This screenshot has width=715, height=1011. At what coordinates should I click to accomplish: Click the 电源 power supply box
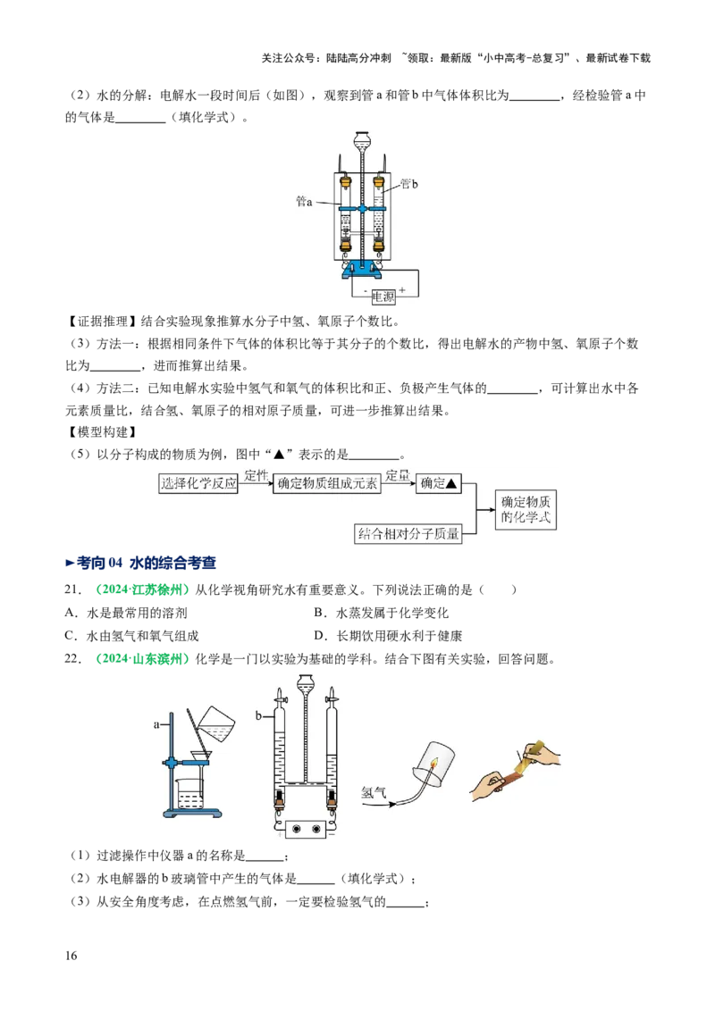click(383, 297)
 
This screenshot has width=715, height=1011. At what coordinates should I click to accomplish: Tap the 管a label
click(304, 202)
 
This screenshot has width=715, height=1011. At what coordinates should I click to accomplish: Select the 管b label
click(408, 183)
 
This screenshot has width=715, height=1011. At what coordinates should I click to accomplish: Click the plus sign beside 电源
click(402, 290)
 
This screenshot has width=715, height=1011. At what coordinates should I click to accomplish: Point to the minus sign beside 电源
click(365, 290)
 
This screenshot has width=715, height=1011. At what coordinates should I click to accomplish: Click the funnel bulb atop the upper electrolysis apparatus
click(361, 141)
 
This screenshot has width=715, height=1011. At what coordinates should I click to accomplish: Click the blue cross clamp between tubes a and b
click(361, 208)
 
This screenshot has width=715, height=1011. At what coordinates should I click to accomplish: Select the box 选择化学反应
click(198, 483)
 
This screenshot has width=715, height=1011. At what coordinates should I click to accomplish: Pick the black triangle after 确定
click(451, 483)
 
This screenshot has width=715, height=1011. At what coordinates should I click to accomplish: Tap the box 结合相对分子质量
click(409, 534)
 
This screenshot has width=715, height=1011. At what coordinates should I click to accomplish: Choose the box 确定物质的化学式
click(527, 509)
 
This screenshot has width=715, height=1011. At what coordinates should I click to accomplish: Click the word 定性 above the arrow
click(256, 476)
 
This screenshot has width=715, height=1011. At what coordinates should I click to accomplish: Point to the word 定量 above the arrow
click(398, 476)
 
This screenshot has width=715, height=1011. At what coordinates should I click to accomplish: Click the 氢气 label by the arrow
click(373, 791)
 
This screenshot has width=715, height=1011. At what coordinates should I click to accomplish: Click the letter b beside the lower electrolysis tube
click(258, 716)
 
